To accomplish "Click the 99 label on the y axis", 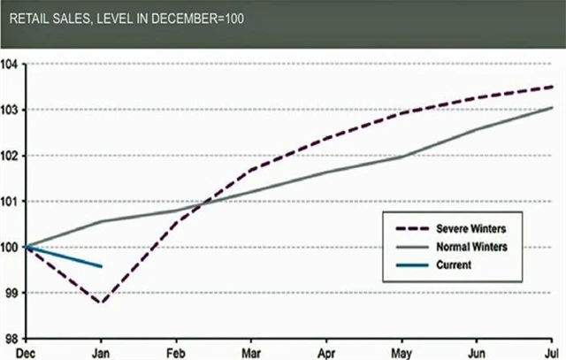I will (11, 293).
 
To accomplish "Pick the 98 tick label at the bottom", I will (11, 339).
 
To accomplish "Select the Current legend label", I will (454, 264).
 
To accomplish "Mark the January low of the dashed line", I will (102, 303).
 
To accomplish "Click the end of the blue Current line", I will (103, 266).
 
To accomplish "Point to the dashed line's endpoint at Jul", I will (553, 87).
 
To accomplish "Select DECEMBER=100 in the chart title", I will (199, 16).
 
